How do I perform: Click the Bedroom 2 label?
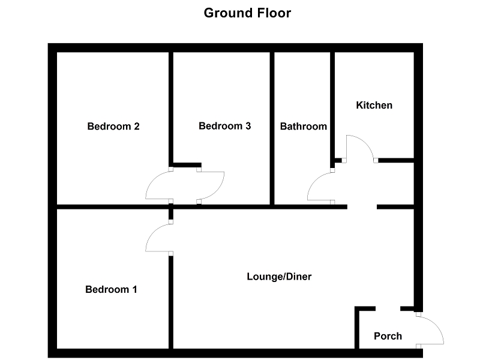[113, 126]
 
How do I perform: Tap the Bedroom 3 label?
[224, 126]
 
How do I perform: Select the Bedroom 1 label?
[111, 289]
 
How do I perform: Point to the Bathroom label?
[304, 126]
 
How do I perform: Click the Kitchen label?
[374, 105]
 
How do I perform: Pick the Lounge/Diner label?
[279, 277]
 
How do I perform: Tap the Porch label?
[388, 335]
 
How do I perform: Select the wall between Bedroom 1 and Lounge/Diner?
[171, 300]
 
